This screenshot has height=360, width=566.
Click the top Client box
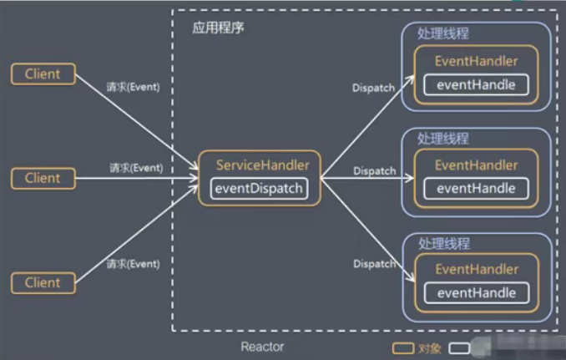pyautogui.click(x=43, y=74)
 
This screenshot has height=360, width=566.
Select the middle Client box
pyautogui.click(x=43, y=178)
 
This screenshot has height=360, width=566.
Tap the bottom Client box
pyautogui.click(x=43, y=282)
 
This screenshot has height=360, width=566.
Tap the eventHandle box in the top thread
pyautogui.click(x=477, y=84)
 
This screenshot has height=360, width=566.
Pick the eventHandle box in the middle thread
pyautogui.click(x=477, y=189)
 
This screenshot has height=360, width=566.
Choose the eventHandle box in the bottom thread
pyautogui.click(x=477, y=292)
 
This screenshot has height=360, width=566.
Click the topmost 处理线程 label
pyautogui.click(x=443, y=33)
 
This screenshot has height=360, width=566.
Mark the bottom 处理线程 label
pyautogui.click(x=443, y=244)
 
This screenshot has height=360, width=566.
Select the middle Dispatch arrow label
pyautogui.click(x=374, y=171)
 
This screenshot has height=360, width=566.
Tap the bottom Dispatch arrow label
pyautogui.click(x=374, y=264)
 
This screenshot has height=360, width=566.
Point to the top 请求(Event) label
pyautogui.click(x=134, y=87)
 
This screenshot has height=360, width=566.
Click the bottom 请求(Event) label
pyautogui.click(x=134, y=264)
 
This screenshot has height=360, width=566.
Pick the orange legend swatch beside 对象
pyautogui.click(x=402, y=346)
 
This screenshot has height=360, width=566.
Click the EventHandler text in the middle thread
pyautogui.click(x=477, y=165)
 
